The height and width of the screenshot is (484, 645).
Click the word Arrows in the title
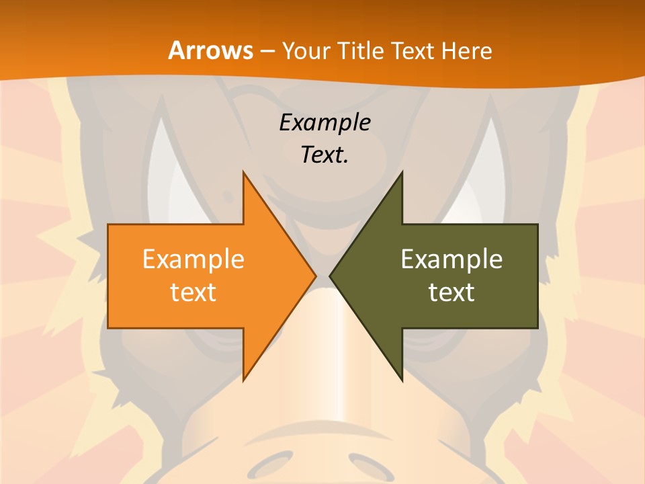211,50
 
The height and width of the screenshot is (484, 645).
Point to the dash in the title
267,51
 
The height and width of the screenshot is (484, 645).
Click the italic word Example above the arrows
325,123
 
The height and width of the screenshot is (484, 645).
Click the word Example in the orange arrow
193,259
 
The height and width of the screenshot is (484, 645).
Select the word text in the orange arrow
193,292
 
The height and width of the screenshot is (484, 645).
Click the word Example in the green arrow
451,259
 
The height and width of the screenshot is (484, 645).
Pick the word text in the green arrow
451,292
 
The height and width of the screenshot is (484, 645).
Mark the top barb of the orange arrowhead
245,176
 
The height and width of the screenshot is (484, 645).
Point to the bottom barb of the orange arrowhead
245,378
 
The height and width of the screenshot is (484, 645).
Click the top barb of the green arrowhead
400,176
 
